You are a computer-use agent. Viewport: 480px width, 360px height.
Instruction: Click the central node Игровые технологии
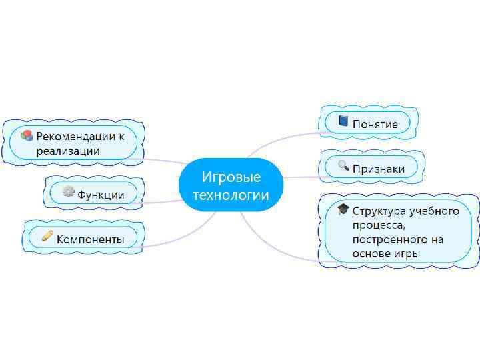(231, 185)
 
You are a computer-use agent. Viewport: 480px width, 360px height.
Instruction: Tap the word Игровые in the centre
(231, 177)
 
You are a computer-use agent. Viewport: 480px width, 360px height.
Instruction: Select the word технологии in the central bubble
(231, 195)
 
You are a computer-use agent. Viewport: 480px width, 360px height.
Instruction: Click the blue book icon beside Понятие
(343, 121)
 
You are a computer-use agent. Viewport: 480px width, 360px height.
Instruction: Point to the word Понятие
(375, 124)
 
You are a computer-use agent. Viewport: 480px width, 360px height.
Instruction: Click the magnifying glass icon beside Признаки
(343, 166)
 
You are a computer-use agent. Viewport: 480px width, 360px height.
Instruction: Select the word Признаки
(379, 169)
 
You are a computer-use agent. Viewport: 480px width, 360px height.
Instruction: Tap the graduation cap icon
(343, 210)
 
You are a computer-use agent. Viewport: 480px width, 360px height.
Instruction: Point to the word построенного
(389, 239)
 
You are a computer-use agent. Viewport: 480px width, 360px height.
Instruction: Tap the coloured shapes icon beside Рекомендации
(27, 136)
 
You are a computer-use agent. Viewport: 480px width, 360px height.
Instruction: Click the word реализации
(68, 151)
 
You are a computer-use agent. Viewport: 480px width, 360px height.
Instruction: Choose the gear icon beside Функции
(67, 192)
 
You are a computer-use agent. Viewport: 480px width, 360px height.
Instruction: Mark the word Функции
(101, 195)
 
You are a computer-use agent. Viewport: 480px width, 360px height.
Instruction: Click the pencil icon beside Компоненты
(47, 235)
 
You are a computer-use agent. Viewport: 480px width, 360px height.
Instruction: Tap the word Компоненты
(91, 238)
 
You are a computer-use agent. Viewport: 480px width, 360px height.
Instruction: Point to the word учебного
(435, 211)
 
